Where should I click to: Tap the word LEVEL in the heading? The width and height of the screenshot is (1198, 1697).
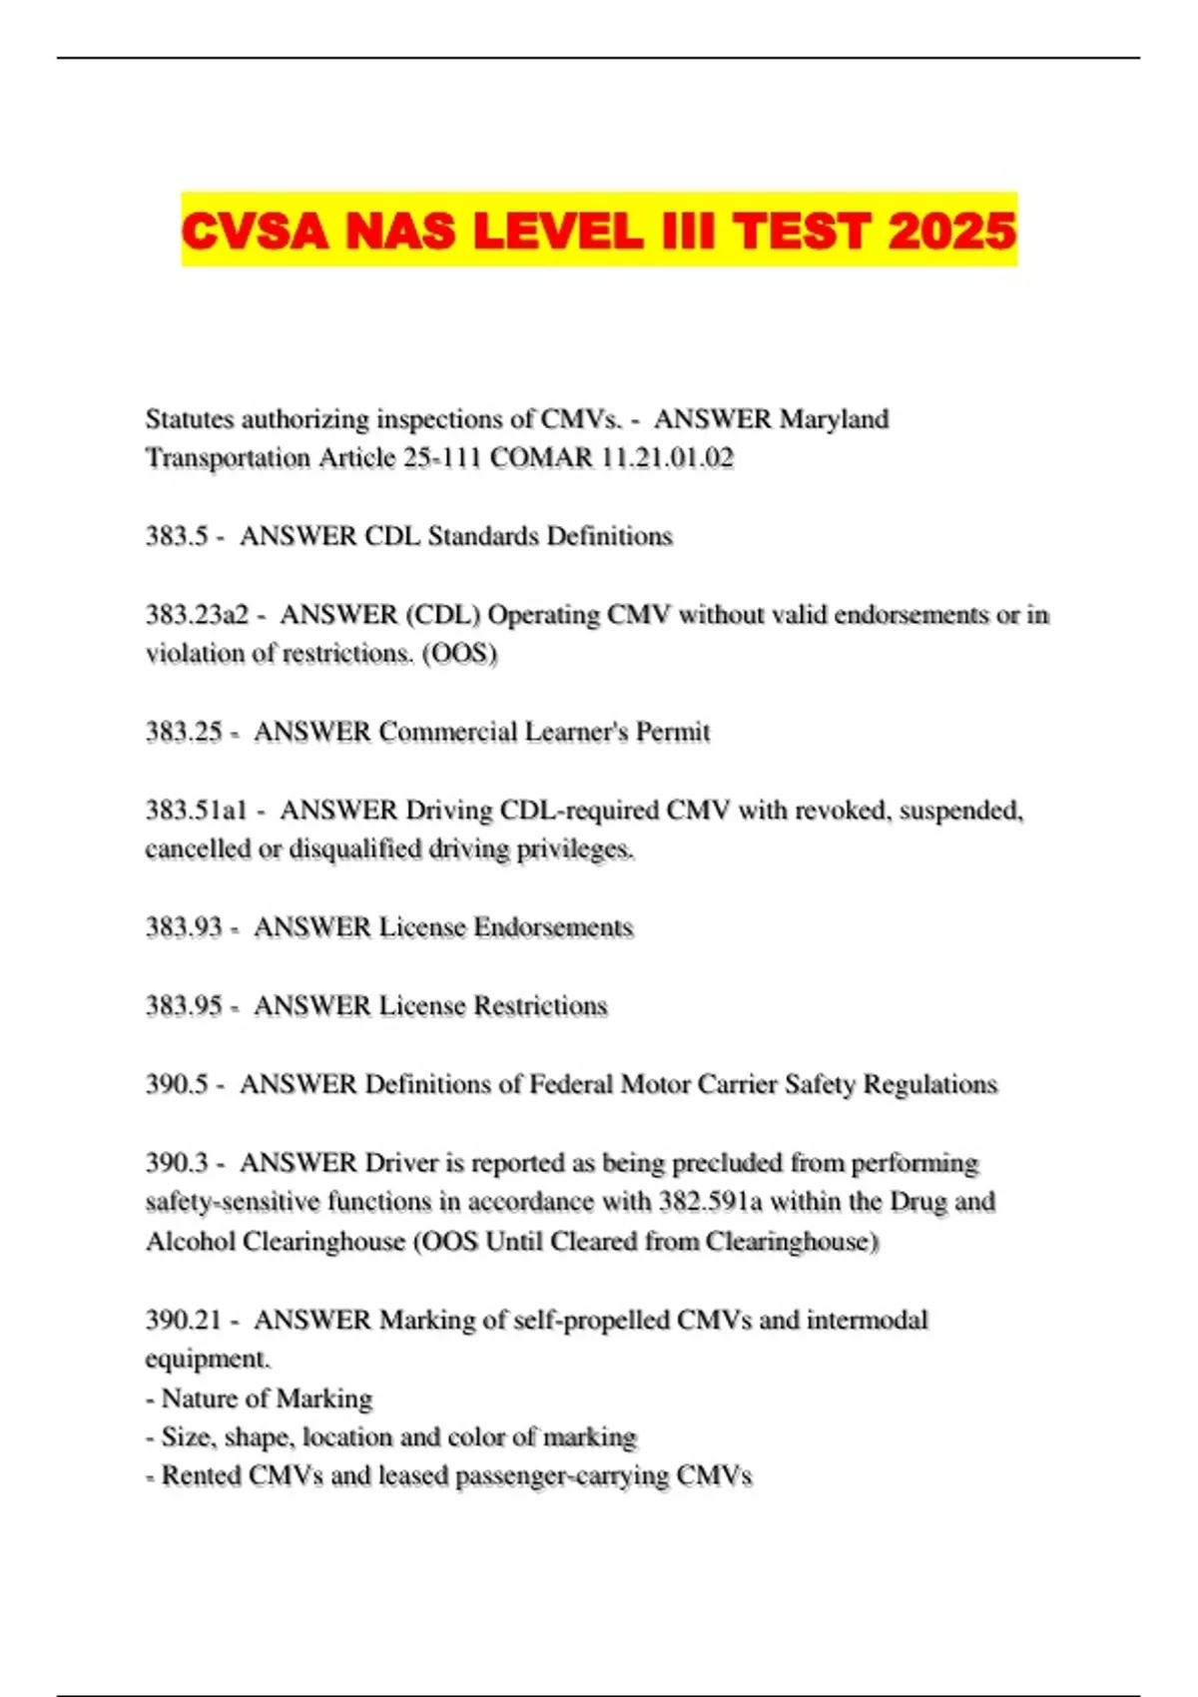click(x=558, y=231)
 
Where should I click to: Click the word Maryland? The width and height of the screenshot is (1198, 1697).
click(x=834, y=418)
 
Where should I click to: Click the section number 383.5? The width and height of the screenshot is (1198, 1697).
click(x=177, y=536)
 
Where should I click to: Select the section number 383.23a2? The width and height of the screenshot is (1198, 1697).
click(x=197, y=614)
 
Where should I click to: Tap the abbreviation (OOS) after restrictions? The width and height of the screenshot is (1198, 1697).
click(x=459, y=654)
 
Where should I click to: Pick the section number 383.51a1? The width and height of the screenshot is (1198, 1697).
click(x=196, y=810)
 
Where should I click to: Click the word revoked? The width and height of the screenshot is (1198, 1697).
click(x=842, y=810)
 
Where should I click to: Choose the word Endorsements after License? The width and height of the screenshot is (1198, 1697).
click(x=553, y=927)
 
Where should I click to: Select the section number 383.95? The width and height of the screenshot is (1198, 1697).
click(x=184, y=1005)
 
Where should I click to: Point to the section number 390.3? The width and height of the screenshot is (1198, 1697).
click(x=177, y=1163)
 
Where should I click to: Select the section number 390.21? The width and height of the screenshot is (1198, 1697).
click(x=184, y=1320)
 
